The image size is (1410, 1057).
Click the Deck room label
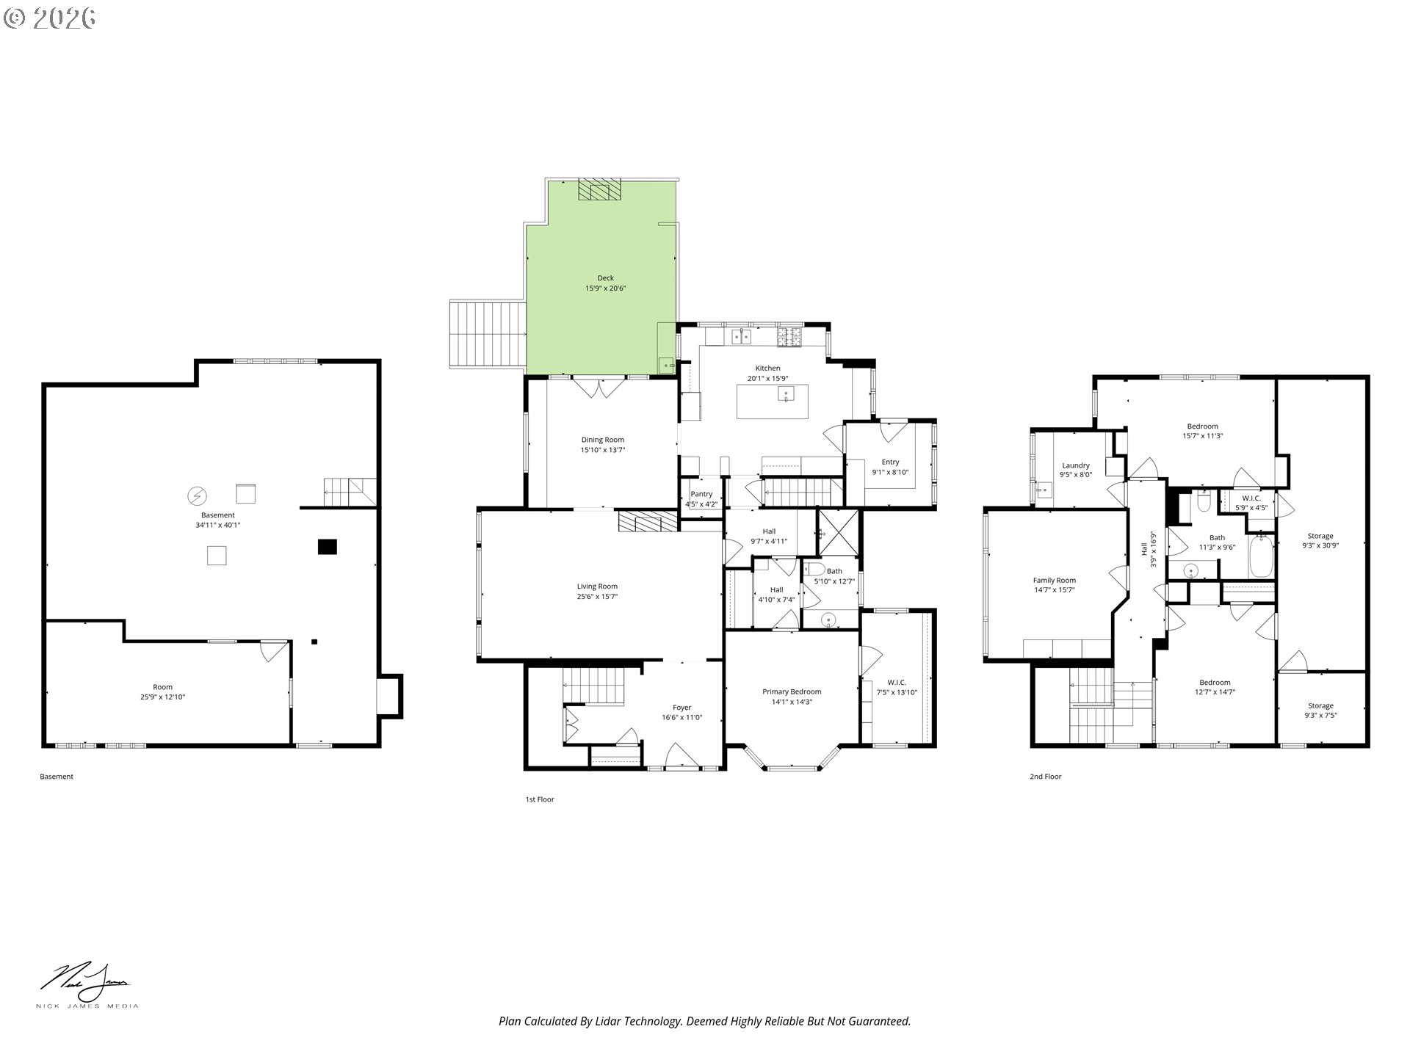[x=605, y=277]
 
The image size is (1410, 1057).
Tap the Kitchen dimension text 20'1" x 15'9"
[x=767, y=379]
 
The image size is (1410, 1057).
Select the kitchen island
[x=772, y=402]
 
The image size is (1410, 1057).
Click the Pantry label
[x=701, y=494]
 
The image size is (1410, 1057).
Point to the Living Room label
[x=597, y=586]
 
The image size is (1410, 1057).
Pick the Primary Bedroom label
[x=792, y=691]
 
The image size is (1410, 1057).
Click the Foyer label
[x=681, y=708]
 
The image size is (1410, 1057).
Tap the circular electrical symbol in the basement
[x=196, y=496]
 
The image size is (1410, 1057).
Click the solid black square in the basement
[x=327, y=547]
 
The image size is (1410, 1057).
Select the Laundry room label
[x=1076, y=465]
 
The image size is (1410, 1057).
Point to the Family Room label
[x=1054, y=580]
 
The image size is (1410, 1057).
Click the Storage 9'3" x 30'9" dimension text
[x=1320, y=545]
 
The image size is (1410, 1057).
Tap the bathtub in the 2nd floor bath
[x=1262, y=558]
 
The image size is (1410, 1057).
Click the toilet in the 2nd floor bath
[x=1204, y=502]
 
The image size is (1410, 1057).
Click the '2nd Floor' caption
[x=1045, y=776]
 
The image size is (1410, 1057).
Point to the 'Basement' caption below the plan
[x=57, y=776]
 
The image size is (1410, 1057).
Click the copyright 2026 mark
[x=49, y=18]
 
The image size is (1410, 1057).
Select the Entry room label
[x=890, y=462]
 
